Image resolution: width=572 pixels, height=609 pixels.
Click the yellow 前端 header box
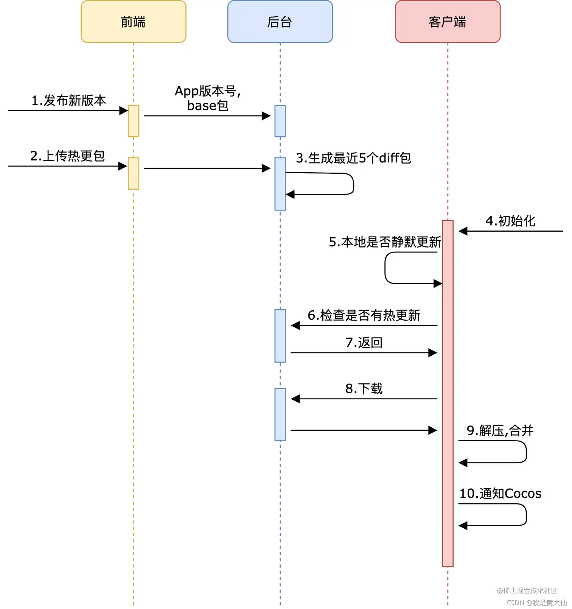coord(133,22)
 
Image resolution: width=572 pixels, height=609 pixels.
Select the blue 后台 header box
coord(280,22)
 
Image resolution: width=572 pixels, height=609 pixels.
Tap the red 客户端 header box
coord(447,22)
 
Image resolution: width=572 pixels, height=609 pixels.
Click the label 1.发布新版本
coord(68,101)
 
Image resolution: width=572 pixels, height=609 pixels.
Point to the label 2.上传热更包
coord(67,156)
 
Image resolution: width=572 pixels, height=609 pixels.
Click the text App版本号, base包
coord(208,98)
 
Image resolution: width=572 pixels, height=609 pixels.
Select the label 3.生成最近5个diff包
coord(353,158)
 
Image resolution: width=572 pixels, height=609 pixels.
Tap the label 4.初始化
coord(510,221)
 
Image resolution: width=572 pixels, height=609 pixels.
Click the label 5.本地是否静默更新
coord(385,242)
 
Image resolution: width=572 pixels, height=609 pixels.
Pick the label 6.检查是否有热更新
coord(364,315)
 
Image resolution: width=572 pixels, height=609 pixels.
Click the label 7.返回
coord(364,343)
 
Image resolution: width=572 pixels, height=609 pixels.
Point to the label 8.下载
coord(364,389)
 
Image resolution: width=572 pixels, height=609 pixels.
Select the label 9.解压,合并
coord(500,431)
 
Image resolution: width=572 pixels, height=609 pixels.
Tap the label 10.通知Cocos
coord(500,494)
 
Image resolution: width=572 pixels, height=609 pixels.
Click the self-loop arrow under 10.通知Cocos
coord(525,515)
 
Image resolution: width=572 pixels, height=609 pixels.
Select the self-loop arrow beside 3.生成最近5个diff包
coord(353,184)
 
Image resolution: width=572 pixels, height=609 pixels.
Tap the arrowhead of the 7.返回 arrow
coord(433,353)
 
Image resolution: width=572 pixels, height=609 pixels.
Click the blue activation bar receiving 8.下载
coord(280,414)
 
